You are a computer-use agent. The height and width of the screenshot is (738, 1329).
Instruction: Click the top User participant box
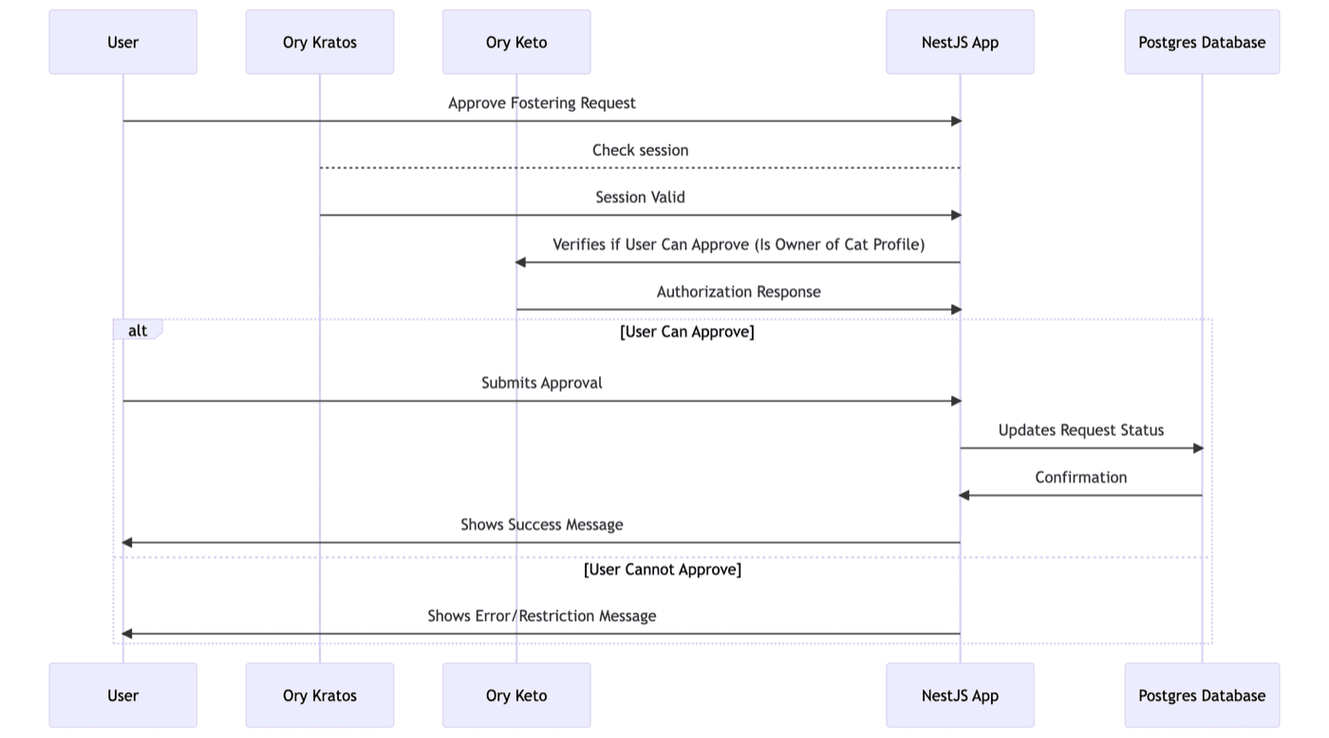tap(122, 42)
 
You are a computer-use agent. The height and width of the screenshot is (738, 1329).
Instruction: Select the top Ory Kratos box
tap(319, 42)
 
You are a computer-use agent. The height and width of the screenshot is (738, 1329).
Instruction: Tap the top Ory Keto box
tap(515, 42)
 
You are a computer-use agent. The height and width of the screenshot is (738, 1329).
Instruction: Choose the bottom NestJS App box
tap(960, 695)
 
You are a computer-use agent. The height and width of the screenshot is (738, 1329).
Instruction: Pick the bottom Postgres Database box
tap(1202, 695)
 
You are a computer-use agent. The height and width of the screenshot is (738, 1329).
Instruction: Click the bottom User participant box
tap(122, 695)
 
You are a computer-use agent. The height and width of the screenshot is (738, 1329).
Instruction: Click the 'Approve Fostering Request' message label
tap(541, 103)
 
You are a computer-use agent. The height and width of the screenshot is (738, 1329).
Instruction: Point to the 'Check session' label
tap(640, 150)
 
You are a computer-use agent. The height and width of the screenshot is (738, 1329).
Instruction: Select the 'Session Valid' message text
tap(640, 198)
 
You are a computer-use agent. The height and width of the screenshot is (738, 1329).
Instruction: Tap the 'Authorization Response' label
tap(738, 292)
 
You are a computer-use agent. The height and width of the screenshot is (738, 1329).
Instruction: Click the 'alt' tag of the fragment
tap(138, 331)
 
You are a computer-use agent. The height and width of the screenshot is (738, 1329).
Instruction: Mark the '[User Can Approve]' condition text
tap(686, 331)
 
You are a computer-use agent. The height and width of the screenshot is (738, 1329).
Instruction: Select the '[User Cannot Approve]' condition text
tap(662, 569)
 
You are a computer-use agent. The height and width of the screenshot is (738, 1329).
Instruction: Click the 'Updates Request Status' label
tap(1080, 430)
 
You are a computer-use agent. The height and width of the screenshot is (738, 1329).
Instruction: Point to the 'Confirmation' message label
tap(1080, 477)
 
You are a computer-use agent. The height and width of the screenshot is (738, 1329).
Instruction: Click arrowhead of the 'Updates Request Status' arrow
tap(1197, 448)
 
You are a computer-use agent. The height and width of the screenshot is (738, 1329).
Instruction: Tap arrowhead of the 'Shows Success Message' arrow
tap(127, 542)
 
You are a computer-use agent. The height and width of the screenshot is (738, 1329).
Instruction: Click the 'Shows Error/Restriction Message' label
tap(541, 615)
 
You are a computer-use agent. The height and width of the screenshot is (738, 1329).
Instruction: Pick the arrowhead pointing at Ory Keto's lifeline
tap(520, 262)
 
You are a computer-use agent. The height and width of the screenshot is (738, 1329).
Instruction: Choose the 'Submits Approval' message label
tap(541, 383)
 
